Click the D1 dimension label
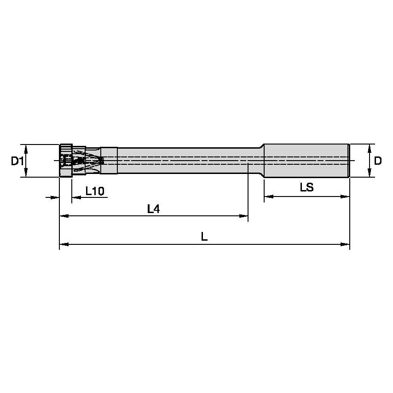[x=17, y=161]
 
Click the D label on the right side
[x=377, y=161]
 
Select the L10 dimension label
[x=94, y=191]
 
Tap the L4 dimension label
[x=153, y=209]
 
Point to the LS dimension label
[x=306, y=187]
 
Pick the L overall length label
[x=204, y=237]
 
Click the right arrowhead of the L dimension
[x=345, y=244]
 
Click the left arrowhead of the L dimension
[x=64, y=244]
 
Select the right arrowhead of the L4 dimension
[x=243, y=216]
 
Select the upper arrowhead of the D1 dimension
[x=26, y=149]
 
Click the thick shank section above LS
[x=306, y=161]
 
